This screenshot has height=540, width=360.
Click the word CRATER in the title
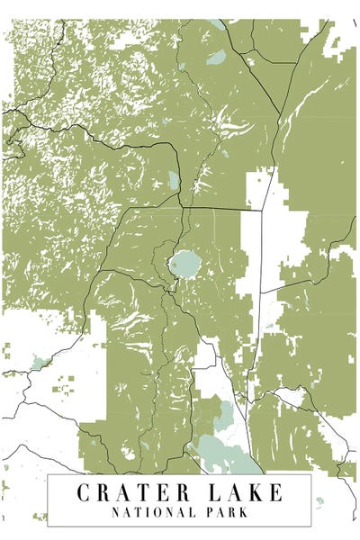pos(131,492)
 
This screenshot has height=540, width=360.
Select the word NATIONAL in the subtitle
pos(148,512)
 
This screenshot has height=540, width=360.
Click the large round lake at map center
pos(184,264)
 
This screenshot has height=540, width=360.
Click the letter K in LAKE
pos(256,492)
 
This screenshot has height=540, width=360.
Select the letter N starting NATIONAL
pos(116,512)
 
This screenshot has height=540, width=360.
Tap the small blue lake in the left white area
pos(39,363)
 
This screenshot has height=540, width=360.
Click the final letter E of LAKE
pos(274,492)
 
